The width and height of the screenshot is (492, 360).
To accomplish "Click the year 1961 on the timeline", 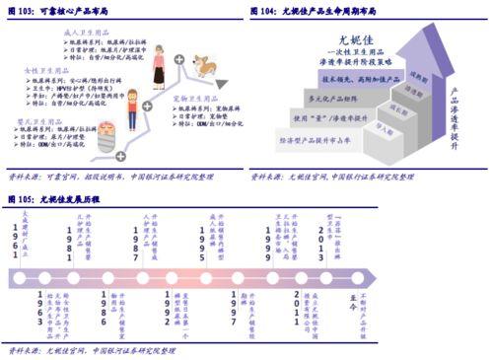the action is click(15, 242).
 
